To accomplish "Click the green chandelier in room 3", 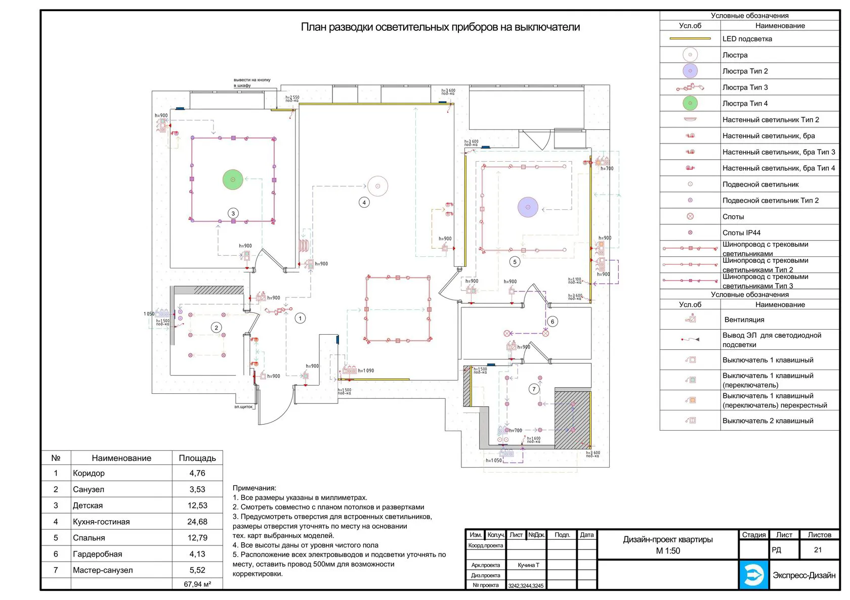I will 233,179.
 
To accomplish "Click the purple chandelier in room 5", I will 528,207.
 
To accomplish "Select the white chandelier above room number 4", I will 377,186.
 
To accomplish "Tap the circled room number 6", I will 552,321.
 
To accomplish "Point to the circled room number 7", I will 534,389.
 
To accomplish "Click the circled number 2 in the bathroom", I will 216,328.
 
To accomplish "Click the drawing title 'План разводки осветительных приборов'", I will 440,27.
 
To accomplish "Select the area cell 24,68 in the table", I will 197,522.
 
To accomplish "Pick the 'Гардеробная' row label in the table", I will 97,554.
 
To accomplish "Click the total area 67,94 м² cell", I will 197,584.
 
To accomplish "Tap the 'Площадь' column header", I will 197,458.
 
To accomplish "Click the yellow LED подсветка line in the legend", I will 690,38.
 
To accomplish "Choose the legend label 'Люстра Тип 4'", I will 745,104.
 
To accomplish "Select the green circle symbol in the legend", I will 690,104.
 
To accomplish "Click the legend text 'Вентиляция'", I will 744,320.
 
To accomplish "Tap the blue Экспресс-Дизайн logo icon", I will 754,575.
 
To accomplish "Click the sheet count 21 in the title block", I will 818,550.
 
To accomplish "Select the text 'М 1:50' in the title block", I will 668,551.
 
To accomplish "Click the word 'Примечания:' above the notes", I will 254,488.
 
